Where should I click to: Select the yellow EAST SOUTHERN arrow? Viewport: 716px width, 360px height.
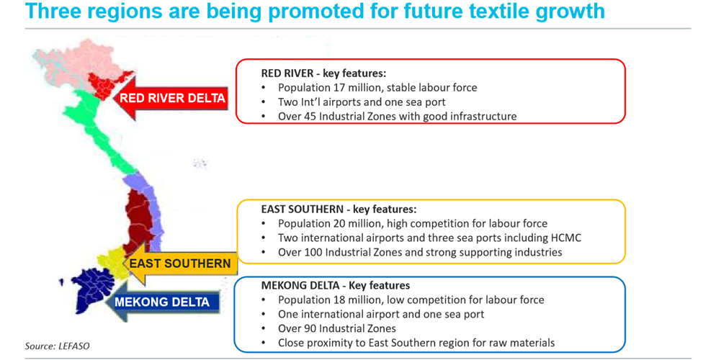tap(180, 264)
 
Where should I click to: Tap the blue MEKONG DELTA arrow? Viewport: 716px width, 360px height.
tap(161, 302)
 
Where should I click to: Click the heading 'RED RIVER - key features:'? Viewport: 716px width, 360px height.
tap(323, 73)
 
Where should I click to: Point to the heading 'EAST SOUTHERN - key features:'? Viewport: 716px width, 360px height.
tap(339, 210)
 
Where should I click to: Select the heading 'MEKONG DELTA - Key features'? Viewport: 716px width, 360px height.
tap(335, 286)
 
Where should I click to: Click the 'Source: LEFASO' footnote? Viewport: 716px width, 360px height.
tap(57, 346)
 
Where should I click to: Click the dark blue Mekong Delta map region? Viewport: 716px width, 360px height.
tap(94, 289)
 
